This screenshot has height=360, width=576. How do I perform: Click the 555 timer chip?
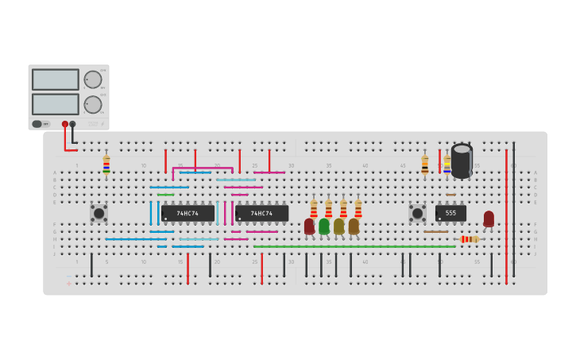coord(450,213)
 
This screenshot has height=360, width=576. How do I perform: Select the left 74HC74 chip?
coord(187,214)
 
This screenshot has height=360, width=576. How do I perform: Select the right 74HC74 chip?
coord(261,214)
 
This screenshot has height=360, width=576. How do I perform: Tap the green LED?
coord(324,226)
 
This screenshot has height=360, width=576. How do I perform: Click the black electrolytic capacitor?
coord(462,161)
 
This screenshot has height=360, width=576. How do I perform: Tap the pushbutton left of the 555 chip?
coord(417,213)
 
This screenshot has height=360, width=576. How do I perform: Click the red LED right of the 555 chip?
coord(489,219)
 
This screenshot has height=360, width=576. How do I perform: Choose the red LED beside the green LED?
coord(309,226)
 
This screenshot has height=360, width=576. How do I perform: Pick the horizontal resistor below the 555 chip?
coord(470,238)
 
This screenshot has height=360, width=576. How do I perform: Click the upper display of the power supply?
coord(56,79)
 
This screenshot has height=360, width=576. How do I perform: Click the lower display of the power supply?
coord(56,104)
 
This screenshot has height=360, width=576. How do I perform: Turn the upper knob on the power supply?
coord(93,79)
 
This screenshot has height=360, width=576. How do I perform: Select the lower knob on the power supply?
coord(93,104)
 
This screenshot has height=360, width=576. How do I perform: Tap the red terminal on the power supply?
coord(65,124)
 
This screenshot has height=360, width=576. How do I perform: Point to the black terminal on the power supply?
coord(73,124)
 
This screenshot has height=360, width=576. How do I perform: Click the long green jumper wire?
coord(354,246)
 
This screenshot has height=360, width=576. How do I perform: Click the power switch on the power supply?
coord(37,124)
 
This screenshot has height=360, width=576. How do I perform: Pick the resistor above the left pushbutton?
coord(106,164)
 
